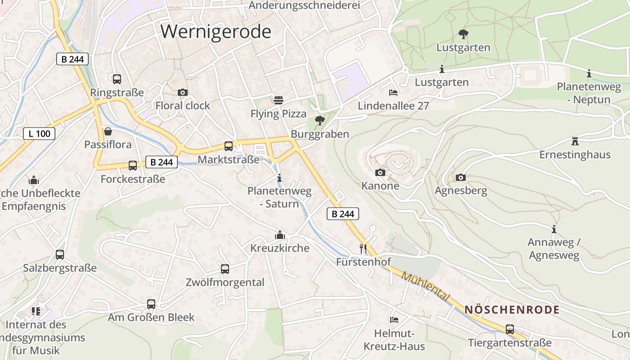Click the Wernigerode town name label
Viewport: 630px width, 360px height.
tap(216, 31)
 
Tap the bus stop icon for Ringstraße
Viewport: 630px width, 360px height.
tap(117, 79)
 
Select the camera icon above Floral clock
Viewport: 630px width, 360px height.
tap(183, 92)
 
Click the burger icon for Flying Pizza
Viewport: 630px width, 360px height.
tap(279, 100)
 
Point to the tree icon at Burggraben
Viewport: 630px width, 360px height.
tap(320, 120)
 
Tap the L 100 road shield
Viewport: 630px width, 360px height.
tap(39, 133)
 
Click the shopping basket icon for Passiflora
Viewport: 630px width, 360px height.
tap(108, 131)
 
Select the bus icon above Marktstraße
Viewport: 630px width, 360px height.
tap(229, 146)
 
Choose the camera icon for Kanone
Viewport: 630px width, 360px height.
tap(380, 172)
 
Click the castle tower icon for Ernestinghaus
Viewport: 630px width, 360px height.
tap(575, 141)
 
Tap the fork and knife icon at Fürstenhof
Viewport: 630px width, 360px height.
tap(363, 248)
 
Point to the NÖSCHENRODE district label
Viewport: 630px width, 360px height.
tap(512, 310)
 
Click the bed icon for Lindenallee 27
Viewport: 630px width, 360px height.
tap(393, 92)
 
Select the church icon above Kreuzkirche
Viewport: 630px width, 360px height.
tap(280, 235)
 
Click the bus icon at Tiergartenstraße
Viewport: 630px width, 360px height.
tap(510, 329)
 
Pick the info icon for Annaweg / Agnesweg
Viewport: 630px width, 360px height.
tap(554, 229)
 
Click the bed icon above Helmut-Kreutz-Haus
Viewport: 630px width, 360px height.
tap(394, 319)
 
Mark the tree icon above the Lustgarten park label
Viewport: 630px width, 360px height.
tap(463, 34)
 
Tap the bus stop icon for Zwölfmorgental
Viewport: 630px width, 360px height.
tap(225, 269)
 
